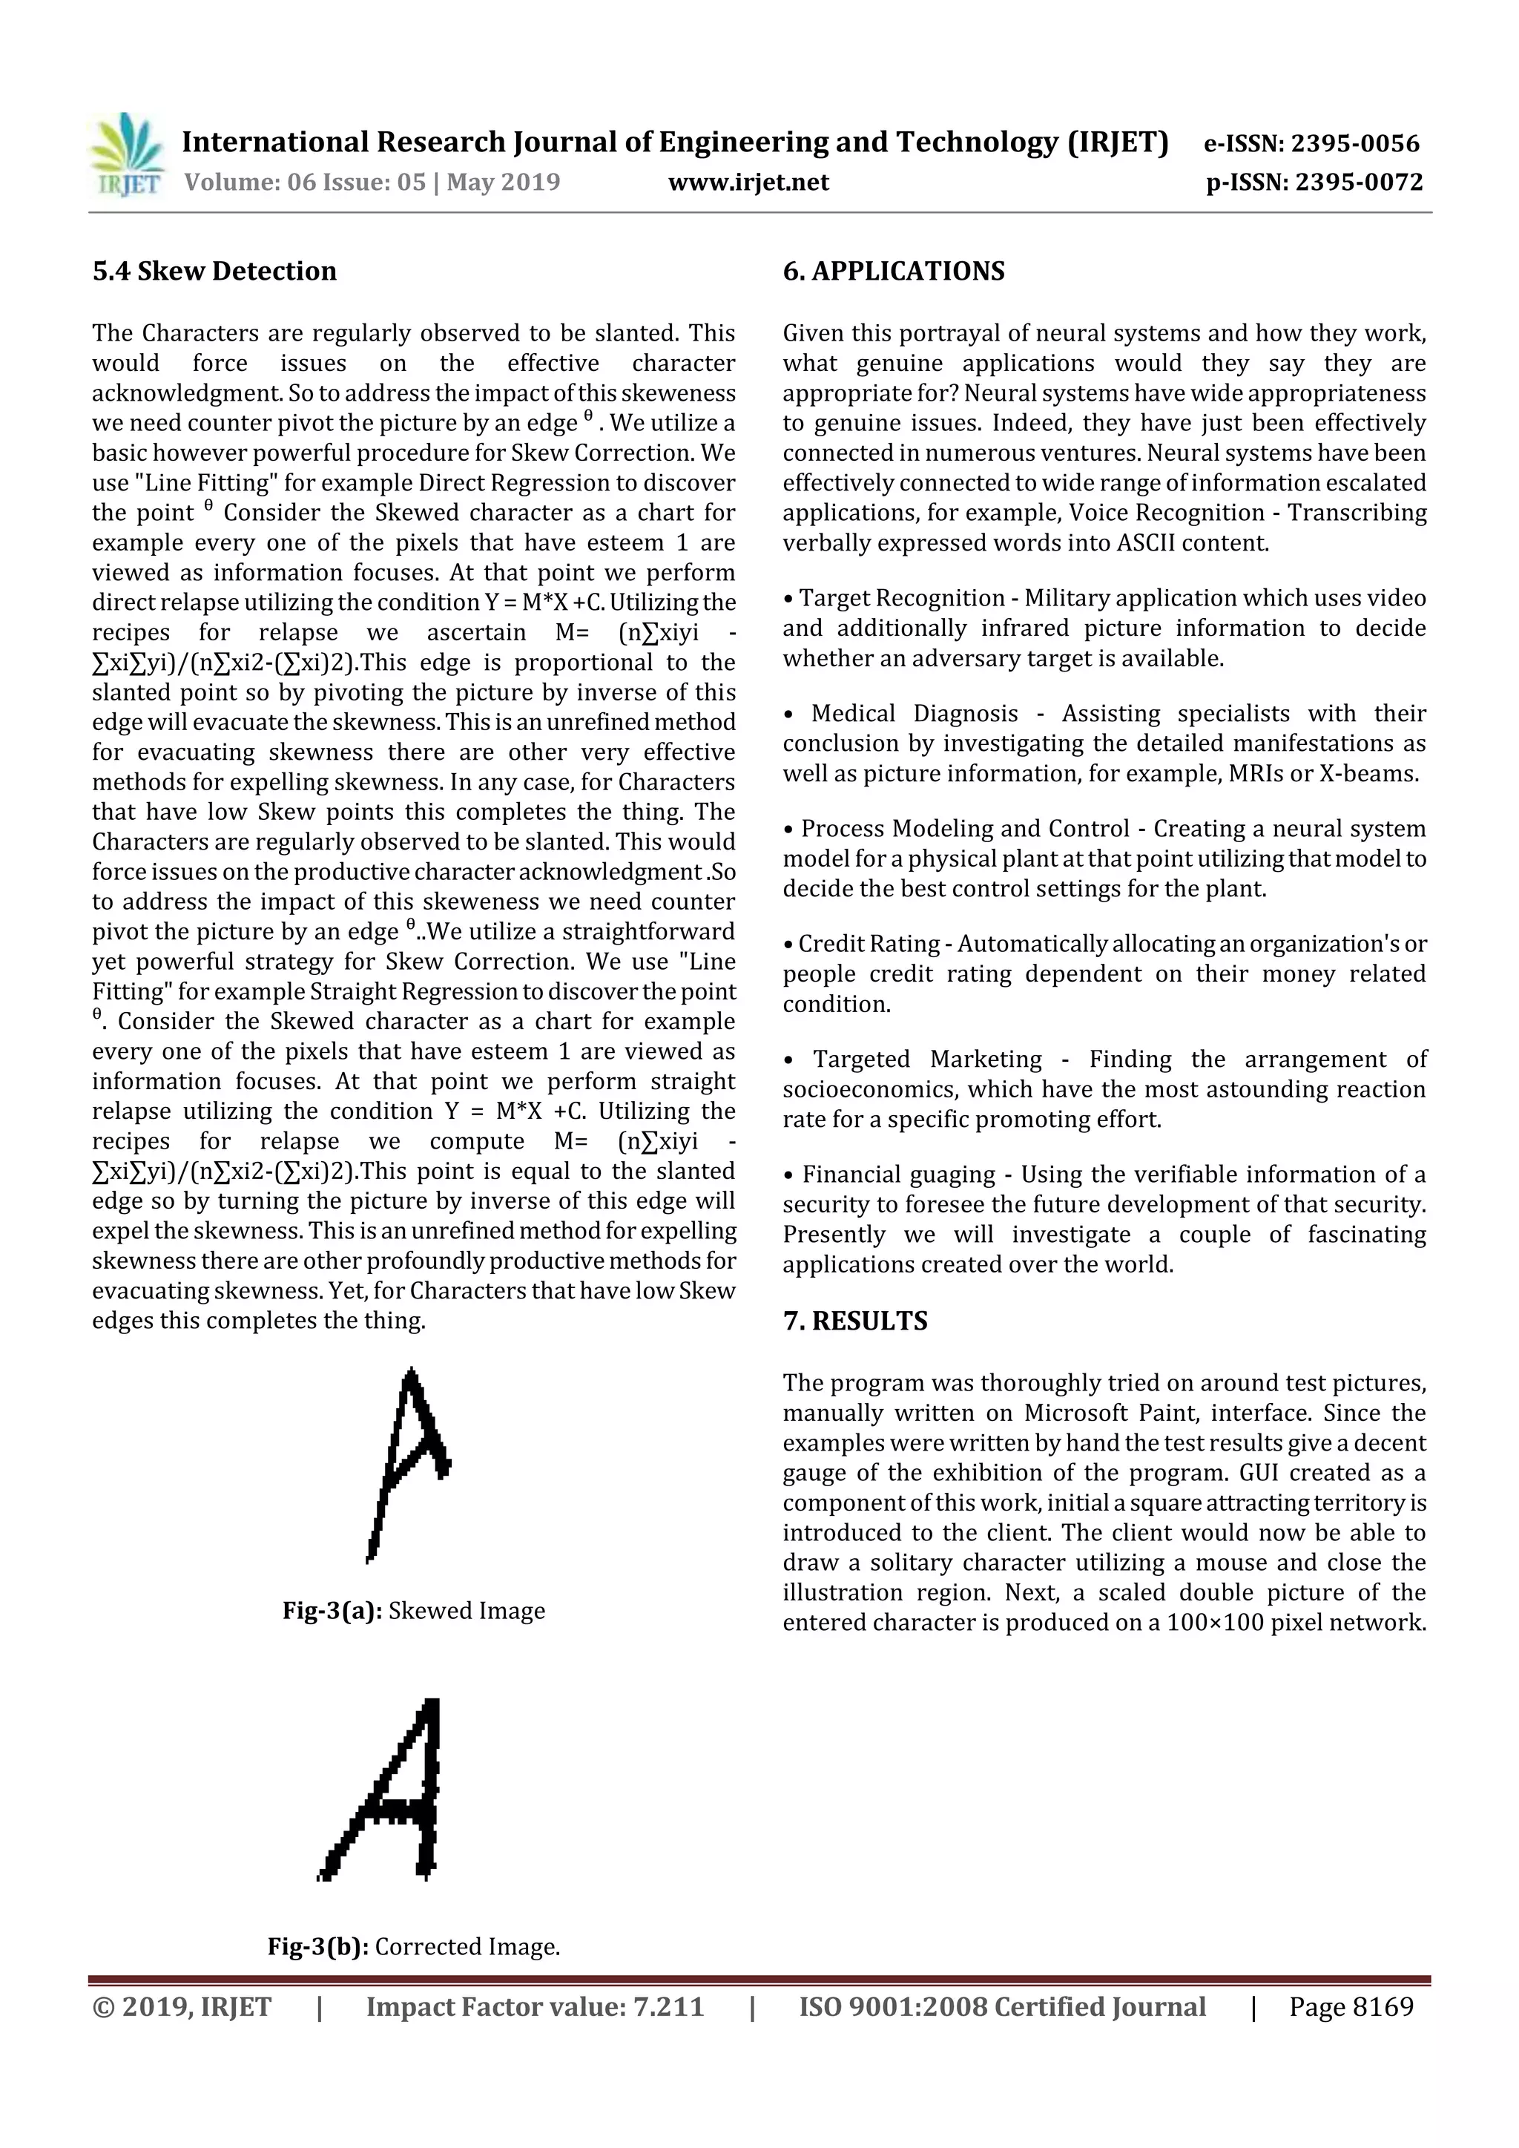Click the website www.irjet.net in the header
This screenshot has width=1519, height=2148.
748,183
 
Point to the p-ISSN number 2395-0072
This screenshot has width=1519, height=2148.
1359,183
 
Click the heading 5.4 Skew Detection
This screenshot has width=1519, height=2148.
214,272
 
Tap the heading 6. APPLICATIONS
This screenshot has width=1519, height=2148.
893,272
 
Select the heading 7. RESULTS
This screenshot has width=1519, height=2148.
855,1321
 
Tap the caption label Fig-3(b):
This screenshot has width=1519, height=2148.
318,1947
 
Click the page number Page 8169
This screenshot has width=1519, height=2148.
1351,2007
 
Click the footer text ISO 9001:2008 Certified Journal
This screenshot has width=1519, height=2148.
1002,2007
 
